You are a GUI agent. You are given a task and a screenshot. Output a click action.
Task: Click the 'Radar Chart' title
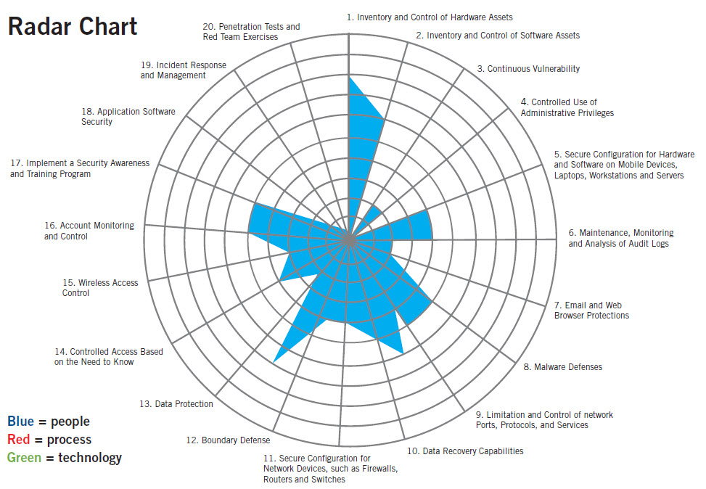73,26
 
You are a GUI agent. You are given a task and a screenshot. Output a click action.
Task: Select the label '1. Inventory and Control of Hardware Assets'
430,17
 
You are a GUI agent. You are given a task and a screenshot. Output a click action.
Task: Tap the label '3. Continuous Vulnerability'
528,69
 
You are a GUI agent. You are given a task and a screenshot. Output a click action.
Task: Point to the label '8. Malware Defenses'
563,367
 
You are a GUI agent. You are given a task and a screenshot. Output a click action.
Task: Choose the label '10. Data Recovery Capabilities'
465,451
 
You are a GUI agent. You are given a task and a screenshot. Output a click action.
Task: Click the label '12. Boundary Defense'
227,440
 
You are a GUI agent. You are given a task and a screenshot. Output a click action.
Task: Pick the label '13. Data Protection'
176,404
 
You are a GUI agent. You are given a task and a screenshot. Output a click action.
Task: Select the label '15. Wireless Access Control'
100,288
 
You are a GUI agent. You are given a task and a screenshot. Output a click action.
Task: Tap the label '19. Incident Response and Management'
183,70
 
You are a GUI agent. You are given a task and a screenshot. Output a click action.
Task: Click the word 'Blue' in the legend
20,422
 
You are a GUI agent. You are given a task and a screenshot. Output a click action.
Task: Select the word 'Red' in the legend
19,440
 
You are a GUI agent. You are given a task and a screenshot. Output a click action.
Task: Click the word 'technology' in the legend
90,458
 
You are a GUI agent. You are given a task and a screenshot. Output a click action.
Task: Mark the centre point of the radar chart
349,238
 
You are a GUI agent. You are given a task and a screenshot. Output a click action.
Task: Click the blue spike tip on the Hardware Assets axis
349,75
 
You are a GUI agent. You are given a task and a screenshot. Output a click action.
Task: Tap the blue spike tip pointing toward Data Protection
274,361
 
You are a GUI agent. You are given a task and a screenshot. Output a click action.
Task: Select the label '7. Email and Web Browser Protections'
591,311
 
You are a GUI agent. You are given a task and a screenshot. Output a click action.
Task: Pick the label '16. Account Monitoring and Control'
89,231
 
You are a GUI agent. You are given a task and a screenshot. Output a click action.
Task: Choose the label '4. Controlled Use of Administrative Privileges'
567,107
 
